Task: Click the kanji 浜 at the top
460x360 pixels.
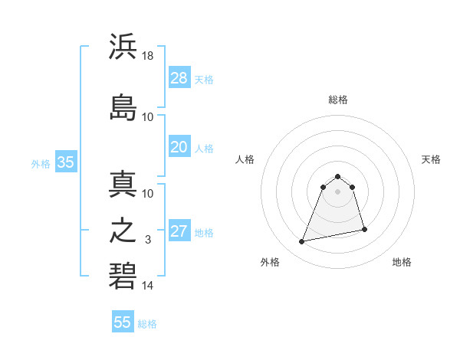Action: pos(123,47)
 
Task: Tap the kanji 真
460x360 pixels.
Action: pos(123,184)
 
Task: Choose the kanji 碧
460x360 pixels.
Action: pos(123,277)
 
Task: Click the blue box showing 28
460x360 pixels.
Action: pos(179,78)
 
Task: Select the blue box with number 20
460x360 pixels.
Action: pos(179,147)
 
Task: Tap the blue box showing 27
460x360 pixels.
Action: pos(179,231)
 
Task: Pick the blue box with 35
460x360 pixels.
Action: pos(65,162)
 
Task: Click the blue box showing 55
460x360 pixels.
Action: pos(123,322)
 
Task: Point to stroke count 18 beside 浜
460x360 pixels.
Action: pos(148,56)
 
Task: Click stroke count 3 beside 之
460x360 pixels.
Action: pos(148,240)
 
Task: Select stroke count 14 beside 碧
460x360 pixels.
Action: pos(148,286)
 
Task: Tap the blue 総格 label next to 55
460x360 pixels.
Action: pos(147,324)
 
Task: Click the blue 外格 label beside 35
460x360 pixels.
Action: pos(41,163)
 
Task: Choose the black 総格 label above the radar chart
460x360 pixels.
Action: pos(338,100)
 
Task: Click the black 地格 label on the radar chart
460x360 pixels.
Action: pos(402,262)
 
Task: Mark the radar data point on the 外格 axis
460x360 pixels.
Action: pos(302,242)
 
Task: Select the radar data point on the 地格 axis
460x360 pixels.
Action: pos(364,230)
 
